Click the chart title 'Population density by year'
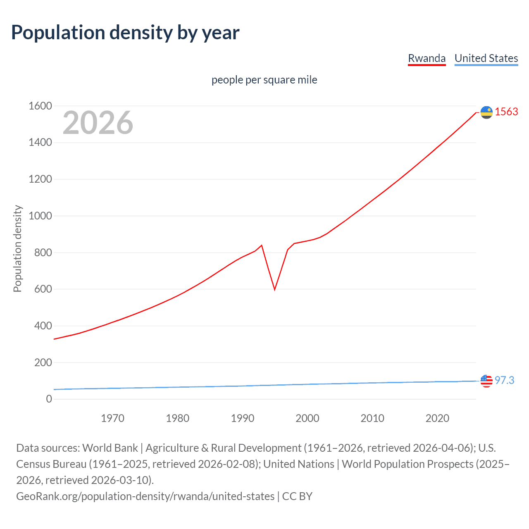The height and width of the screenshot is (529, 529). click(125, 33)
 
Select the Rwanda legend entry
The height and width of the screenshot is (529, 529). click(427, 58)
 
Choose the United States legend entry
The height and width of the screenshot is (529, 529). click(486, 58)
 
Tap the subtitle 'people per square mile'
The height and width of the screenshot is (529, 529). click(264, 80)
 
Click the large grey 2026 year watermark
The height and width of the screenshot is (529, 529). click(98, 123)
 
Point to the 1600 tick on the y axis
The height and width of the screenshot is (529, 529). click(40, 106)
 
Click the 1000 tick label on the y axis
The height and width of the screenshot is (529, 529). click(40, 216)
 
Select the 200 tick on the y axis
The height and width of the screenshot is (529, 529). click(43, 362)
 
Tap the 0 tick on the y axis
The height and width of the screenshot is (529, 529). click(49, 399)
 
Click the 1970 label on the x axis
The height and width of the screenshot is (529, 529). click(112, 418)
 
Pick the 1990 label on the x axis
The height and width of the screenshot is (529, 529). click(243, 418)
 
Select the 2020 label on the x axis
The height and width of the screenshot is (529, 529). click(437, 418)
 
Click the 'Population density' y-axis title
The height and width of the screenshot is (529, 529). click(17, 249)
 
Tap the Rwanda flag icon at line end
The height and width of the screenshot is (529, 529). click(486, 112)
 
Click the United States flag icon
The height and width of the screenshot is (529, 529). click(486, 381)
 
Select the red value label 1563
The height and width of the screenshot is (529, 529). click(506, 112)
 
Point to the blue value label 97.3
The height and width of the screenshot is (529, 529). click(504, 380)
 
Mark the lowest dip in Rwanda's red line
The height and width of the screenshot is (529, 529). click(274, 289)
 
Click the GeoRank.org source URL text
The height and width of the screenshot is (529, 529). click(145, 496)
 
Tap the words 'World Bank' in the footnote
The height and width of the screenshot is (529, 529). click(110, 448)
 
